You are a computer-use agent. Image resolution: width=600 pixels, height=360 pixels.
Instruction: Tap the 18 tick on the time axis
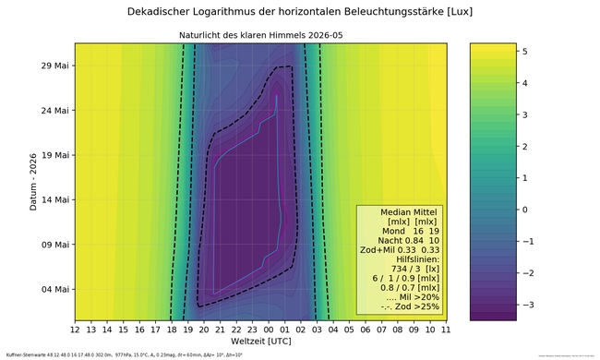pos(172,328)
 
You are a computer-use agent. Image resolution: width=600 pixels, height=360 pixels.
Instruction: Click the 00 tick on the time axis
pos(268,328)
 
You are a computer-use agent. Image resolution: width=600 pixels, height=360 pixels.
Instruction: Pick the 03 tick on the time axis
pos(317,328)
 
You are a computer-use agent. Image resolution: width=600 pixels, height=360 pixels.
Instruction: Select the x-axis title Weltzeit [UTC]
pos(260,342)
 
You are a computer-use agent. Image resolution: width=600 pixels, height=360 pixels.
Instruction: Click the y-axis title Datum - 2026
pos(33,181)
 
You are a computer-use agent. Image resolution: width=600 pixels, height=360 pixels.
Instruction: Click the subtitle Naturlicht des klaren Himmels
pos(260,36)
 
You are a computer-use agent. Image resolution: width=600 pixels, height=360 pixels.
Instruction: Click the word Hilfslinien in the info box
pos(399,262)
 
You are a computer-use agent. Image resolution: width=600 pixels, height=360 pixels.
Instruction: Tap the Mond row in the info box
pos(399,231)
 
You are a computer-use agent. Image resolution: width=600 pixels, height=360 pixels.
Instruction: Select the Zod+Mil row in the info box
pos(399,251)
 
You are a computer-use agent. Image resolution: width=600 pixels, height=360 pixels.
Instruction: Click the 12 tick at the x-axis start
pos(75,328)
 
